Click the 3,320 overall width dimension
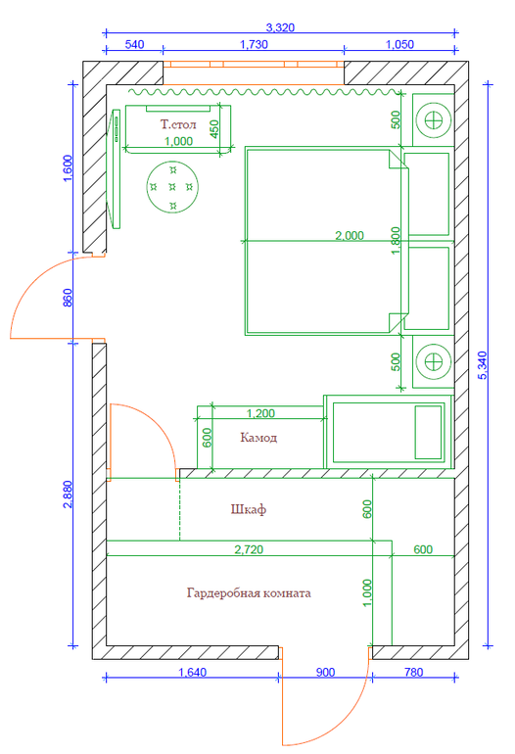click(x=280, y=27)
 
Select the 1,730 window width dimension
click(x=254, y=45)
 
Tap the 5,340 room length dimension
click(x=483, y=365)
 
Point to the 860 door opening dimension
click(x=67, y=298)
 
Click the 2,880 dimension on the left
click(x=67, y=494)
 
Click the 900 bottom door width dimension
click(x=325, y=672)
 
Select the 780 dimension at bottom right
click(x=413, y=672)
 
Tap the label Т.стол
click(x=178, y=124)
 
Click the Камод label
click(x=258, y=438)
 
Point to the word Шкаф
click(x=248, y=509)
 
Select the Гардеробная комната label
click(x=249, y=592)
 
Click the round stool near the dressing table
click(x=172, y=187)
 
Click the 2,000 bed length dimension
click(x=350, y=235)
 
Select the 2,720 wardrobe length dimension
click(x=249, y=549)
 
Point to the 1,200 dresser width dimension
click(x=260, y=413)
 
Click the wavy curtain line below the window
click(x=264, y=91)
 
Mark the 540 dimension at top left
click(x=134, y=45)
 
